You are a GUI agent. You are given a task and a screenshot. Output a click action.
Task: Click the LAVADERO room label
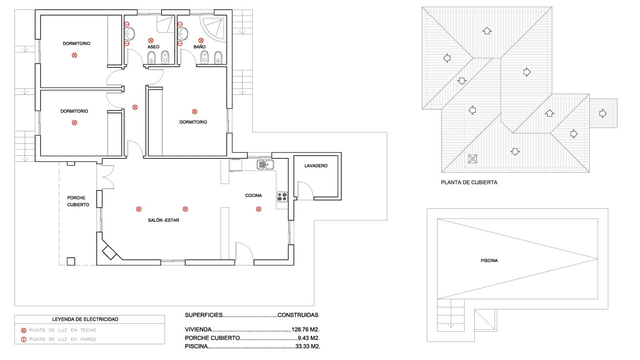pyautogui.click(x=316, y=166)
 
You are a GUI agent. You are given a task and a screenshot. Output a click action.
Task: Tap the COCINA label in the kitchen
pyautogui.click(x=253, y=196)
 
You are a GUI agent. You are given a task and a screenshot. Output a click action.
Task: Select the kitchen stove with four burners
pyautogui.click(x=282, y=197)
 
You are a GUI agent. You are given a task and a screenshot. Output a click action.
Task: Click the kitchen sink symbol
pyautogui.click(x=265, y=164)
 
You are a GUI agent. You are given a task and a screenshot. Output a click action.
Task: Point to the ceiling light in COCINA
pyautogui.click(x=258, y=209)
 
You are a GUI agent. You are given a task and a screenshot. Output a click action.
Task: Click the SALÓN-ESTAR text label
pyautogui.click(x=163, y=220)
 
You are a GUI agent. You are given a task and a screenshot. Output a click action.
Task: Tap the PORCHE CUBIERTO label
pyautogui.click(x=78, y=201)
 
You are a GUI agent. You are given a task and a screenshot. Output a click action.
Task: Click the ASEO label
pyautogui.click(x=153, y=47)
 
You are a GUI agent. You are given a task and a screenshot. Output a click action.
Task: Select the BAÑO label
pyautogui.click(x=199, y=47)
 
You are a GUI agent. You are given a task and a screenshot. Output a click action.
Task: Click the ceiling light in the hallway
pyautogui.click(x=135, y=107)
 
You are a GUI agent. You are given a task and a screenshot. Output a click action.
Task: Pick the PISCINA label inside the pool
pyautogui.click(x=489, y=260)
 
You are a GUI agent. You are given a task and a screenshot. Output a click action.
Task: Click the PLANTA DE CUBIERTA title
pyautogui.click(x=469, y=182)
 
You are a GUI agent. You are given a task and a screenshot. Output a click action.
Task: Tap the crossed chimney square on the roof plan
pyautogui.click(x=472, y=159)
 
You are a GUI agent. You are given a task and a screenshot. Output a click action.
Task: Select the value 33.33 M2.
pyautogui.click(x=307, y=346)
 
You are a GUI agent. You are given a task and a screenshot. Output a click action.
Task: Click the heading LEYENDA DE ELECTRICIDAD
pyautogui.click(x=85, y=319)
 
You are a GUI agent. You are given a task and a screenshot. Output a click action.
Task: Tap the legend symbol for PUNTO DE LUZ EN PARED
pyautogui.click(x=24, y=340)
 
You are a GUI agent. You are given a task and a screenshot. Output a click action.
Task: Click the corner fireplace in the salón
pyautogui.click(x=109, y=252)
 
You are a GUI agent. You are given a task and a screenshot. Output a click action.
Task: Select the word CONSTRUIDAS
pyautogui.click(x=298, y=315)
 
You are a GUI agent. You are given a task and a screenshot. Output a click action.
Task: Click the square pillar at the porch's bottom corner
pyautogui.click(x=71, y=261)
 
